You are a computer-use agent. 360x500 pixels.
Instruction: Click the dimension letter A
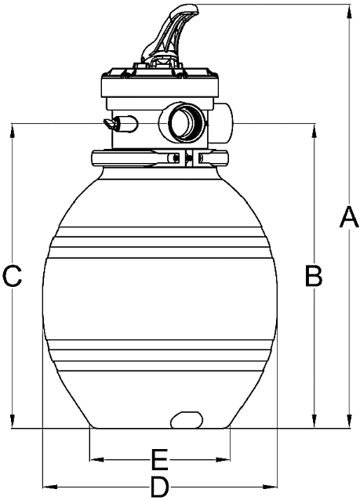349,217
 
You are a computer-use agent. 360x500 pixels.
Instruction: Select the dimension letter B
314,275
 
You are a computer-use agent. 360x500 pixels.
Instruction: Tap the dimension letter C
12,275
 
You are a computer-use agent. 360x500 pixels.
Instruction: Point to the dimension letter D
159,487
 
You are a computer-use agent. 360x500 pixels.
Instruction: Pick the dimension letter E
159,460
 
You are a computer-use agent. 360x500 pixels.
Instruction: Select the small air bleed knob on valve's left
121,123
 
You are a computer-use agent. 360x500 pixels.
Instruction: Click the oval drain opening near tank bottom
187,419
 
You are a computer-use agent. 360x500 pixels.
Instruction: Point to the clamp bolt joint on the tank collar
186,158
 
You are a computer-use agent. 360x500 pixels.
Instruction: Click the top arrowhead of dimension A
349,12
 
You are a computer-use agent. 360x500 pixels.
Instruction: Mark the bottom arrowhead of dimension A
349,421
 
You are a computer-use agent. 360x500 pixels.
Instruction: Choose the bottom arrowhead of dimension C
13,421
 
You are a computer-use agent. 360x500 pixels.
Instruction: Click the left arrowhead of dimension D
50,487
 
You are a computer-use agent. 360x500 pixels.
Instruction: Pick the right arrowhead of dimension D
269,487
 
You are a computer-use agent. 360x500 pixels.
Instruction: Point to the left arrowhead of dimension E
97,459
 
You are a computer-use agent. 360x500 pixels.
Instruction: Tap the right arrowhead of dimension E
223,459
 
